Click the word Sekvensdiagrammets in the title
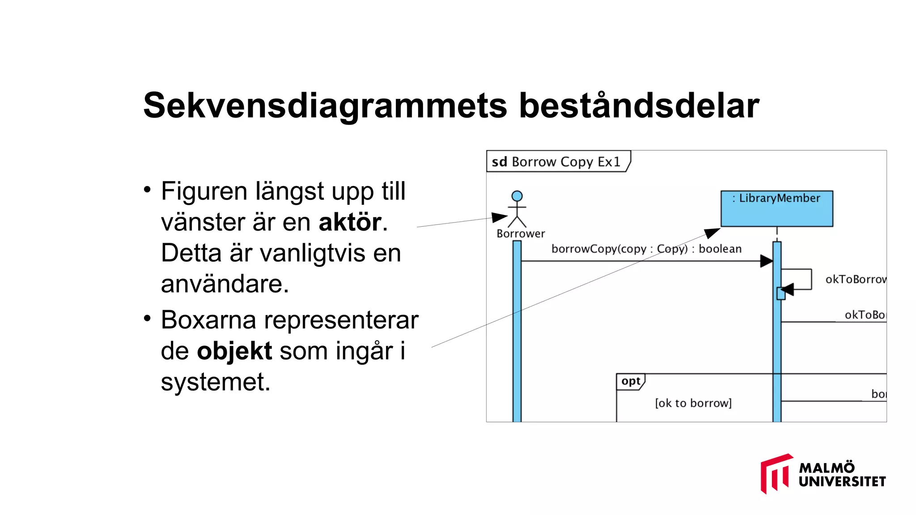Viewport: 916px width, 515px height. pyautogui.click(x=325, y=106)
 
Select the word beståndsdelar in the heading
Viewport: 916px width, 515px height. pyautogui.click(x=639, y=106)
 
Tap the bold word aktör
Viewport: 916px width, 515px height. pyautogui.click(x=350, y=222)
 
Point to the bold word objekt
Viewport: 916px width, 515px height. pyautogui.click(x=234, y=351)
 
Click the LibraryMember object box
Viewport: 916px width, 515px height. pyautogui.click(x=776, y=208)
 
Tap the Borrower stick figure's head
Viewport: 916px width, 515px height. pyautogui.click(x=517, y=196)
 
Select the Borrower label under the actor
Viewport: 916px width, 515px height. pyautogui.click(x=521, y=233)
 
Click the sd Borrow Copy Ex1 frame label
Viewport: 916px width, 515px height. pyautogui.click(x=556, y=162)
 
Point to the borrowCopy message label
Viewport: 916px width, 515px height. pyautogui.click(x=646, y=249)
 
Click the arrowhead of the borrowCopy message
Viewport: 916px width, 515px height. pyautogui.click(x=767, y=261)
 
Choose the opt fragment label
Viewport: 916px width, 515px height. pyautogui.click(x=631, y=381)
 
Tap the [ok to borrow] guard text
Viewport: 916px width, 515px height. pyautogui.click(x=693, y=403)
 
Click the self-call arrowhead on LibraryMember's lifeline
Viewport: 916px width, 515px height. pyautogui.click(x=787, y=289)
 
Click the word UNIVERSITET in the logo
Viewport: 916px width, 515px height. pyautogui.click(x=842, y=482)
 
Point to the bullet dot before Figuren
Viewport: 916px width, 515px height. pyautogui.click(x=147, y=190)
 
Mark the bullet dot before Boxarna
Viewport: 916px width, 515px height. pyautogui.click(x=147, y=318)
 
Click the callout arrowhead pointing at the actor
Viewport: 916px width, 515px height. pyautogui.click(x=499, y=217)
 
